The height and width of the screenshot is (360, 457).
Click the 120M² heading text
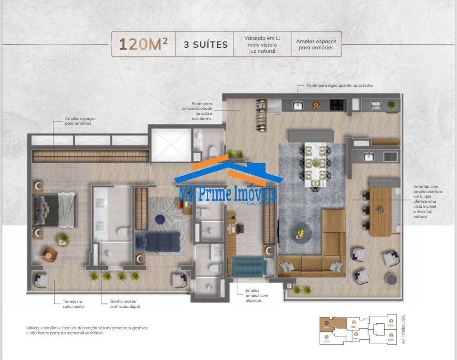pyautogui.click(x=143, y=44)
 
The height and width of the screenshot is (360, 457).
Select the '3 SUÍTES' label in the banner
pyautogui.click(x=205, y=45)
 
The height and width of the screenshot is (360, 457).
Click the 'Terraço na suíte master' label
pyautogui.click(x=74, y=304)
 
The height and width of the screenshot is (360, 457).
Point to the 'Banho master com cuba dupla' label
pyautogui.click(x=125, y=304)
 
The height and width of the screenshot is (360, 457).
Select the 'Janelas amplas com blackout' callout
pyautogui.click(x=257, y=295)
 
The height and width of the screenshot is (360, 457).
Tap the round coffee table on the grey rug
pyautogui.click(x=300, y=233)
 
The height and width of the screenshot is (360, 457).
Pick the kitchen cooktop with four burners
pyautogui.click(x=337, y=105)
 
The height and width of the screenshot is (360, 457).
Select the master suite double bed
pyautogui.click(x=55, y=210)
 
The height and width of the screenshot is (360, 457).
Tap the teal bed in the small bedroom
pyautogui.click(x=249, y=267)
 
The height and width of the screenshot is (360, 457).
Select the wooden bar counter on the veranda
pyautogui.click(x=380, y=211)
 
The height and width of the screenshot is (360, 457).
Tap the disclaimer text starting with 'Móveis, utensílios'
pyautogui.click(x=87, y=330)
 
